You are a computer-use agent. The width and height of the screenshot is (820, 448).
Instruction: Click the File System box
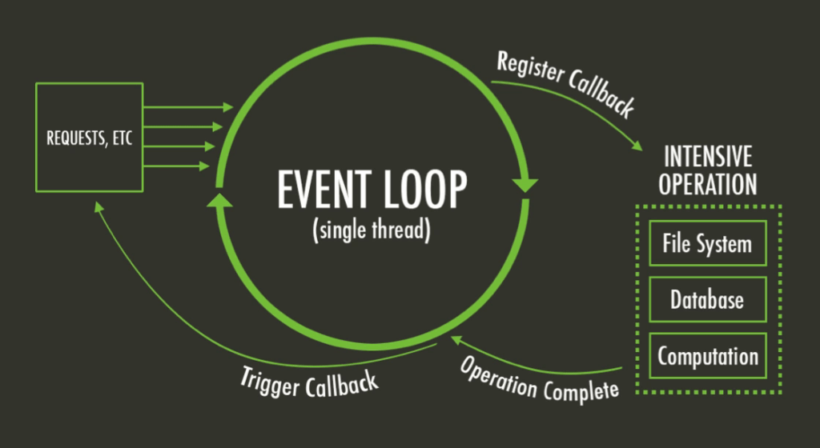707,243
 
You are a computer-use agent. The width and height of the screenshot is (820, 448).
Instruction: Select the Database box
707,300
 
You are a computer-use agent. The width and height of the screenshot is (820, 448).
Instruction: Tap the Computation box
707,356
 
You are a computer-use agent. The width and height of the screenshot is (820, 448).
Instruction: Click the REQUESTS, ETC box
89,137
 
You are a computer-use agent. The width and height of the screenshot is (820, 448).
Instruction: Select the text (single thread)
372,231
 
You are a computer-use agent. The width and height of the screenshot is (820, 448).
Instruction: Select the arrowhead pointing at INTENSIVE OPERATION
638,146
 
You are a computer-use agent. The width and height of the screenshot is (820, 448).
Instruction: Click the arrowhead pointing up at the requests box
98,206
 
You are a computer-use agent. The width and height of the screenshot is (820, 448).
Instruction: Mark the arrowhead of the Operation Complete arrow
457,342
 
